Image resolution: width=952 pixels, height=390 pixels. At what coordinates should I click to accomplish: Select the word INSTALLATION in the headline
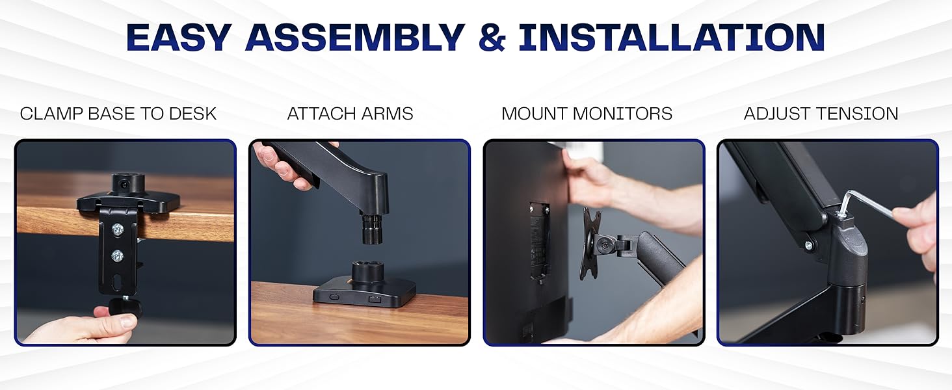671,37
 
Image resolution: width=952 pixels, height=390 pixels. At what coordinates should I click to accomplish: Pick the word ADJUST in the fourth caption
777,114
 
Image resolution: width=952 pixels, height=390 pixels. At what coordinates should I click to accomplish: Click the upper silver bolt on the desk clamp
118,229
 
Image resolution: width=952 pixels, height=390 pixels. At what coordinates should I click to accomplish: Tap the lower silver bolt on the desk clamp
118,255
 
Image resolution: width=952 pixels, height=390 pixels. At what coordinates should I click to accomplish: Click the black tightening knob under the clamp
123,306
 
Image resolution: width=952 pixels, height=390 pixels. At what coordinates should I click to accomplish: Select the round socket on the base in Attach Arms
369,272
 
